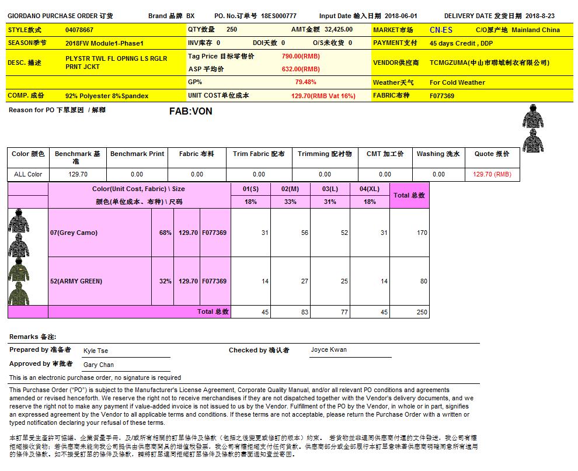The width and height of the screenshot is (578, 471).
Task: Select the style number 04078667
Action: tap(79, 30)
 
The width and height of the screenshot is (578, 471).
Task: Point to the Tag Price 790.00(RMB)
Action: tap(301, 56)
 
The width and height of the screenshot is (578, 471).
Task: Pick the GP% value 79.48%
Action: tap(306, 82)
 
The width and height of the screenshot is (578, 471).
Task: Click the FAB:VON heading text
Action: tap(190, 111)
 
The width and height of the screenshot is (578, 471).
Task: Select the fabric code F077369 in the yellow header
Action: tap(442, 96)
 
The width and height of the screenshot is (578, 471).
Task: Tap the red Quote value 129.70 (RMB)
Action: tap(492, 174)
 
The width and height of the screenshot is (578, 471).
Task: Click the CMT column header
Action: tap(385, 154)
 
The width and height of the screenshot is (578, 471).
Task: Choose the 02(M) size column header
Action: tap(290, 189)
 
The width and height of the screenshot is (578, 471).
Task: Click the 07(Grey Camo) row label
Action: tap(74, 233)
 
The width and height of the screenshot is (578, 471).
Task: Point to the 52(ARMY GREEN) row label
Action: tap(76, 281)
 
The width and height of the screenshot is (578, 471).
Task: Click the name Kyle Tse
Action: tap(96, 351)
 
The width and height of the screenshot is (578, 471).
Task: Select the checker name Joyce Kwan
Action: tap(329, 350)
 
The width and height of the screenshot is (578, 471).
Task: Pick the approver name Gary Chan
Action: tap(99, 365)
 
